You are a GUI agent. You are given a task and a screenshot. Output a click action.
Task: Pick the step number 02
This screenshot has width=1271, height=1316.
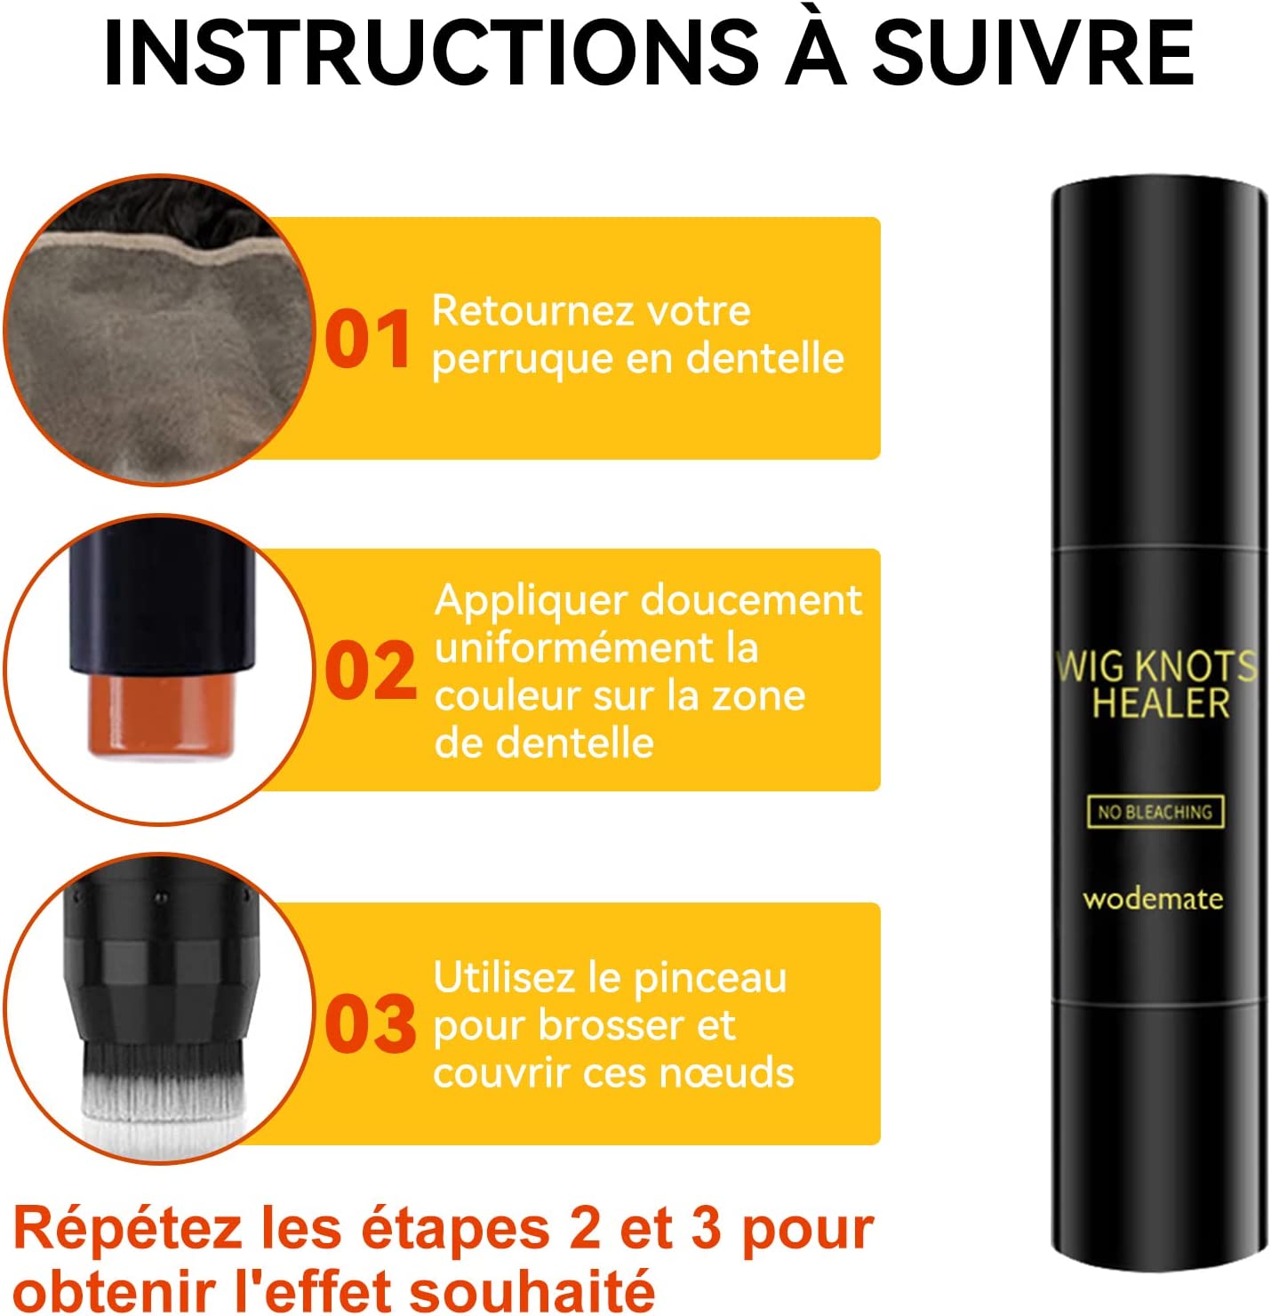371,670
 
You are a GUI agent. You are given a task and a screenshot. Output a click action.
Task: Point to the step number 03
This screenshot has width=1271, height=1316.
371,1023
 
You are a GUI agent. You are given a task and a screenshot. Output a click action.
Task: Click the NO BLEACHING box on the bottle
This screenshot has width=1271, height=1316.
1155,812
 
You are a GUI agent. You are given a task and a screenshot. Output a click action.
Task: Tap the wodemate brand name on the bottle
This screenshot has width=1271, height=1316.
1153,899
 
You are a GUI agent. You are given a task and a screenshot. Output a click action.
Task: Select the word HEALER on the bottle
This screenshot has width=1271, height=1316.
1160,703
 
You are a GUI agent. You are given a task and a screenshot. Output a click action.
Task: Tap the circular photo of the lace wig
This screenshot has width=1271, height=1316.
158,329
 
